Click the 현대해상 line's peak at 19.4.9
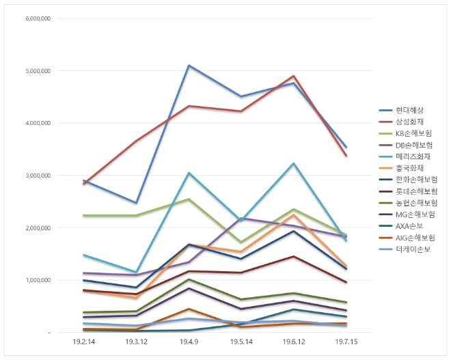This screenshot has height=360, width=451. [x=189, y=66]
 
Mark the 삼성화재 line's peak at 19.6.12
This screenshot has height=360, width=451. [x=294, y=76]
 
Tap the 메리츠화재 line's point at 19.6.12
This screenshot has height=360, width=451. [x=294, y=163]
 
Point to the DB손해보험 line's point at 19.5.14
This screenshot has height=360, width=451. [x=241, y=218]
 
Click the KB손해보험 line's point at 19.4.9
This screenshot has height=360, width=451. [x=189, y=199]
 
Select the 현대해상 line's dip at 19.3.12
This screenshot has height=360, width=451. [x=136, y=203]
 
